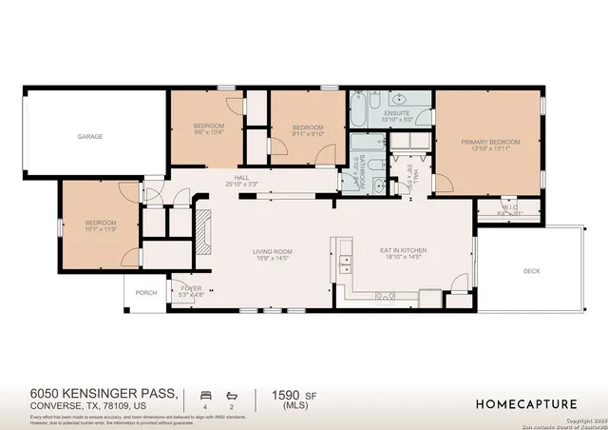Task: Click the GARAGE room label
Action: (x=90, y=137)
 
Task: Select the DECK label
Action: (x=531, y=271)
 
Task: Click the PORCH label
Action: (x=146, y=293)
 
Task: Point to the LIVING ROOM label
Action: (x=272, y=251)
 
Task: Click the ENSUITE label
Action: (x=397, y=112)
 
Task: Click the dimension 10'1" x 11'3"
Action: (x=100, y=229)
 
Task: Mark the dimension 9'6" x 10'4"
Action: (x=209, y=133)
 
